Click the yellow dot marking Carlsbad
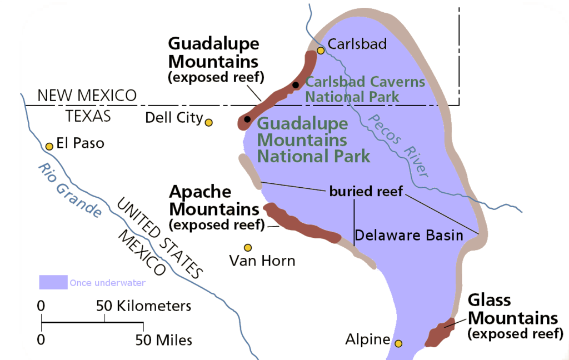[321, 51]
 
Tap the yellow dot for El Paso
[49, 146]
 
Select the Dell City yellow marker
[209, 122]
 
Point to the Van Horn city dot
[248, 247]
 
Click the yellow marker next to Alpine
[398, 344]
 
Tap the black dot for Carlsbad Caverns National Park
[296, 85]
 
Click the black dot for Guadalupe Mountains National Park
[247, 119]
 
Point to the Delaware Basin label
[408, 236]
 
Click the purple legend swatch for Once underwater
[53, 282]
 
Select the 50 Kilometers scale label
[143, 306]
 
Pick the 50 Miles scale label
[164, 339]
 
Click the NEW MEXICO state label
[87, 96]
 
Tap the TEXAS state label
[88, 116]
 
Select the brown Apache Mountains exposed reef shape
[300, 224]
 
